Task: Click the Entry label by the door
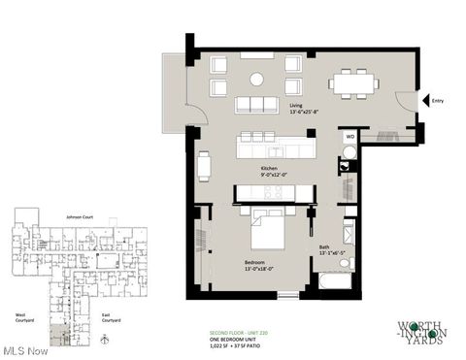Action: tap(438, 99)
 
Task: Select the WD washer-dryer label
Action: tap(349, 139)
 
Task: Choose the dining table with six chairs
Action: tap(354, 83)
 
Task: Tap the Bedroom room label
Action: tap(258, 263)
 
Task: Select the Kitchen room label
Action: tap(269, 169)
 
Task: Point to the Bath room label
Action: tap(324, 247)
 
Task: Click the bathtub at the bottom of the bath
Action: tap(336, 282)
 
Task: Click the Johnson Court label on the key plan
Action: tap(80, 215)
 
